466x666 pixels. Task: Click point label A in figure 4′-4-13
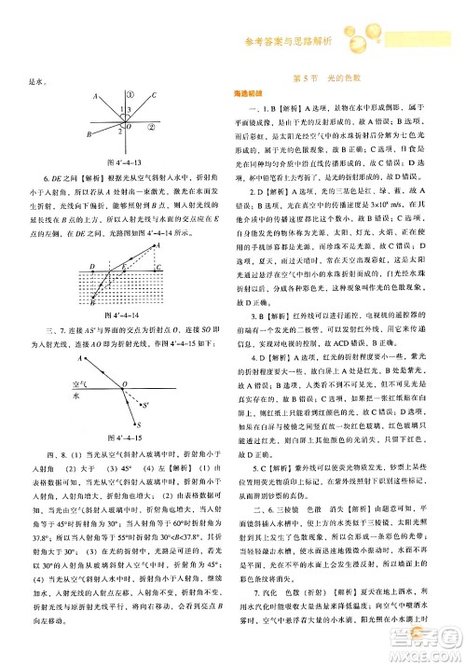point(95,97)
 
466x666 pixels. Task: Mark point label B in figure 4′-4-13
point(89,134)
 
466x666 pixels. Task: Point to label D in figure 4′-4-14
point(91,265)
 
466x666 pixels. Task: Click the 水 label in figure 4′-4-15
point(77,395)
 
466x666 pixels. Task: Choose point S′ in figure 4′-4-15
point(146,405)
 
